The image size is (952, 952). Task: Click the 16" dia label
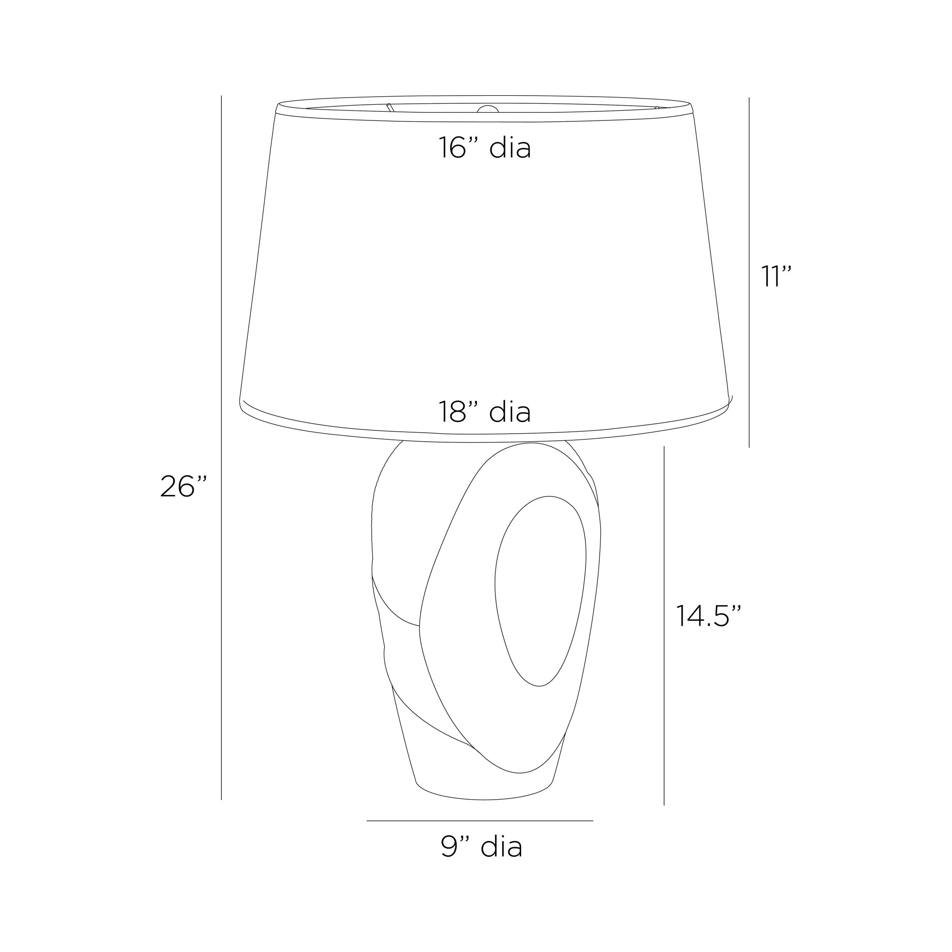coord(485,148)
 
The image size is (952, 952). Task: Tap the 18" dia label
coord(485,412)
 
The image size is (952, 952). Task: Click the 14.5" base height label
coord(708,615)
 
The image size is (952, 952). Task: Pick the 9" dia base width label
coord(481,846)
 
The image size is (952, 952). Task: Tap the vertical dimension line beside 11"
coord(749,272)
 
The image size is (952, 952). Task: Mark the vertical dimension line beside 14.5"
coord(664,626)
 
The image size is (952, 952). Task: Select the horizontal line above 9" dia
coord(479,821)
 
